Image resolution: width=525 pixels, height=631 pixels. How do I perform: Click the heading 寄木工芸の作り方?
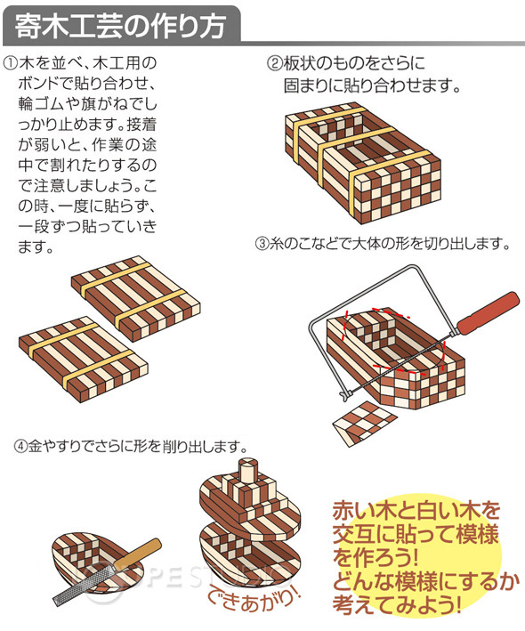point(120,26)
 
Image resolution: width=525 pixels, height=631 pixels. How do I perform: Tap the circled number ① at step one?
point(11,63)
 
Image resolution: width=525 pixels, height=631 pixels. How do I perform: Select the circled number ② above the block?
point(275,63)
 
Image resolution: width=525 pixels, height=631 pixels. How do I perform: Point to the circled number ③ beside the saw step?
point(262,244)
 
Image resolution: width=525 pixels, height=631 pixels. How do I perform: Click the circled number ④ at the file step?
point(21,446)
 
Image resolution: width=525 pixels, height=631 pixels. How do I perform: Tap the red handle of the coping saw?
point(488,313)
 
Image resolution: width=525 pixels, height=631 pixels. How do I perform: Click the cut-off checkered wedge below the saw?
point(365,423)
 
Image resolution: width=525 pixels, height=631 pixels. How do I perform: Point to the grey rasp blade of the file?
point(86,586)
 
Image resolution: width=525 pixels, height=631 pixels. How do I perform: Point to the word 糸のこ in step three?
point(288,244)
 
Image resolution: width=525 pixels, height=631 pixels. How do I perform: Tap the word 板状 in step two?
point(298,63)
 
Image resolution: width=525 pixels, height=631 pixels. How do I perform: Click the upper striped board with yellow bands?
point(135,298)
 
